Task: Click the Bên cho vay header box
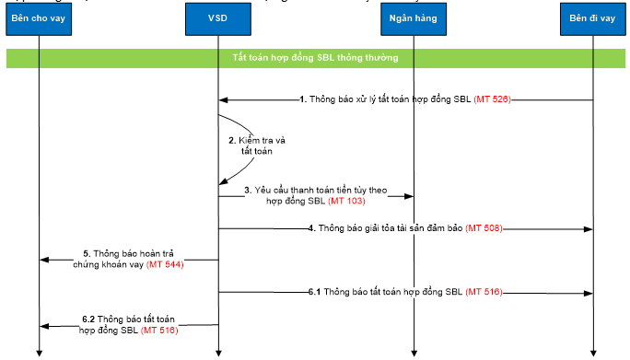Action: pos(40,18)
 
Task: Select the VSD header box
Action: pos(218,18)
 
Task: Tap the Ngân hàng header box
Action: pos(414,18)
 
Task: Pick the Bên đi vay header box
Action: pos(592,18)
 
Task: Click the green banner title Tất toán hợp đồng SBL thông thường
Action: pos(315,57)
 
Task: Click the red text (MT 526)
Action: pos(492,99)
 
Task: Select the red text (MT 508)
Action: pos(484,227)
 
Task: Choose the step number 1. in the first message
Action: pos(303,99)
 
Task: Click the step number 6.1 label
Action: pos(315,292)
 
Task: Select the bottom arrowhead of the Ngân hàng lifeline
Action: pos(414,351)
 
